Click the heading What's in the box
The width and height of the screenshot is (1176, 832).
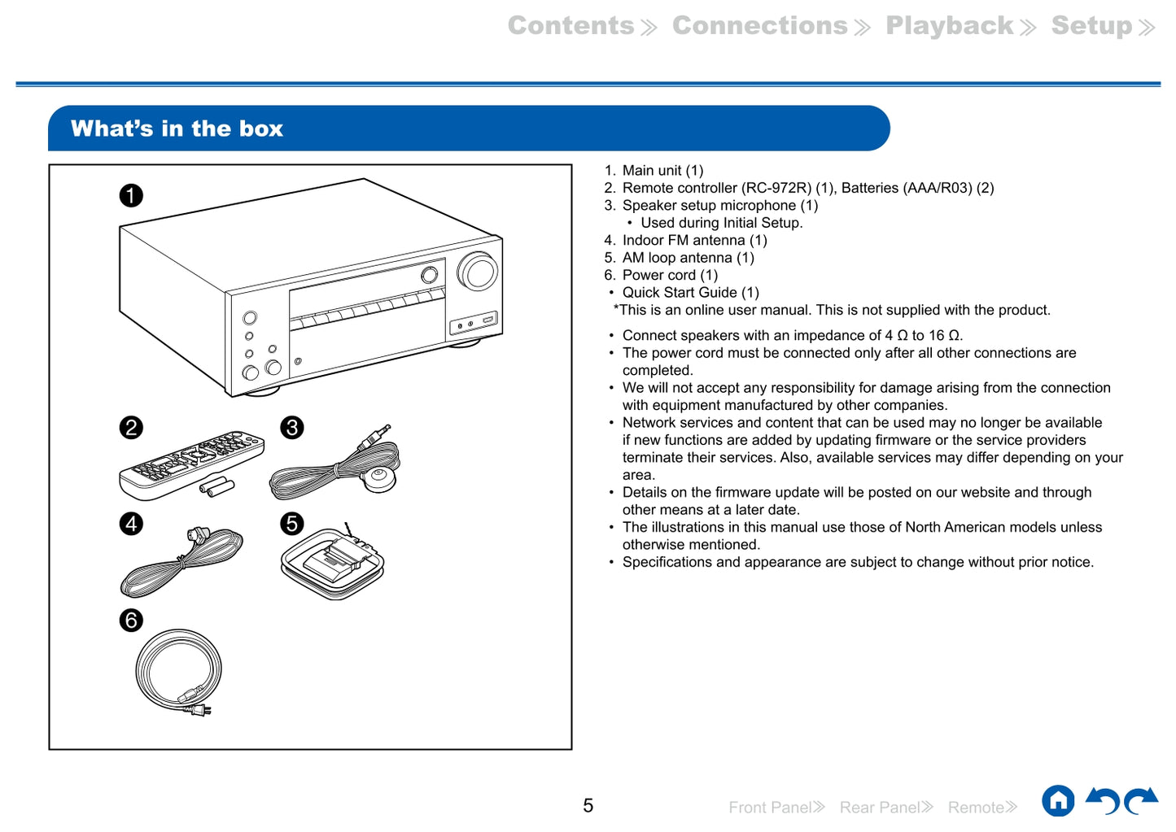pos(177,129)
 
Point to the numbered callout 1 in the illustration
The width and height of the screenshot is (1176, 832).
pos(131,195)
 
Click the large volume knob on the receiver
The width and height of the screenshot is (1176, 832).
pos(478,271)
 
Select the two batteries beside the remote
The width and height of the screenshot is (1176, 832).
pos(218,487)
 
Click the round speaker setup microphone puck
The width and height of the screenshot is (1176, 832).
pos(378,478)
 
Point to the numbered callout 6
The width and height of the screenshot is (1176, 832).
pos(131,621)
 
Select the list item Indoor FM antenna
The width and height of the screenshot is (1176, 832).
pos(694,240)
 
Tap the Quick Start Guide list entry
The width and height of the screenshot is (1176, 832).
pos(690,292)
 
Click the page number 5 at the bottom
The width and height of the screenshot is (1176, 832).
pos(588,805)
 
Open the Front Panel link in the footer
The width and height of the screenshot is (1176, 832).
pos(776,807)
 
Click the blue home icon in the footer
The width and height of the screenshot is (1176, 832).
pos(1058,801)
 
